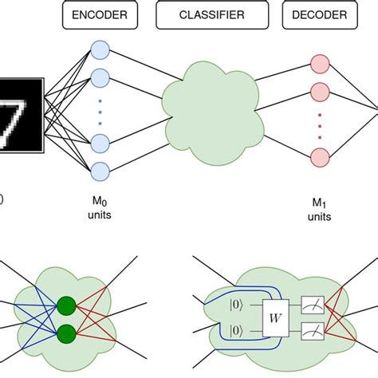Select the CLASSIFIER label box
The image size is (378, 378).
coord(211,15)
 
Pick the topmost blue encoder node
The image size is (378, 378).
coord(100,49)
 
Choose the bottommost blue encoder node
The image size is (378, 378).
coord(100,171)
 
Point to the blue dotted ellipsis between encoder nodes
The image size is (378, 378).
coord(100,112)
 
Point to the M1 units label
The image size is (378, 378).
coord(318,210)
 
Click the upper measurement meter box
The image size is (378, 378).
coord(313,304)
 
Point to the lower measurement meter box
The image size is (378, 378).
coord(313,330)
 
